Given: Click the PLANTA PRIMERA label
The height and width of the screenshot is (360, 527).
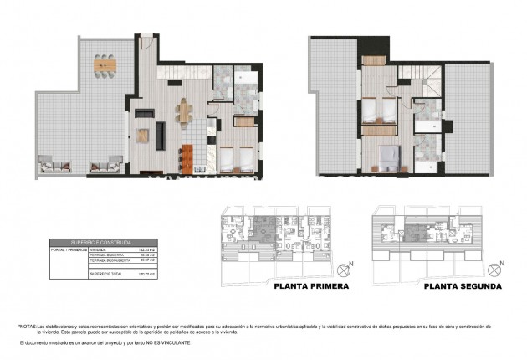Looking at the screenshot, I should click(311, 285).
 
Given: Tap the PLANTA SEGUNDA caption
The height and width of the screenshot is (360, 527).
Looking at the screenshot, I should click(463, 285).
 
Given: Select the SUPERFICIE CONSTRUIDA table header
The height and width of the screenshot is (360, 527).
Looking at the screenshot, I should click(91, 241).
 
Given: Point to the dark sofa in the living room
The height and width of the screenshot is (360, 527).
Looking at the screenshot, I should click(141, 135).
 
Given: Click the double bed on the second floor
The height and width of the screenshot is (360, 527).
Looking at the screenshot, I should click(387, 157).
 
